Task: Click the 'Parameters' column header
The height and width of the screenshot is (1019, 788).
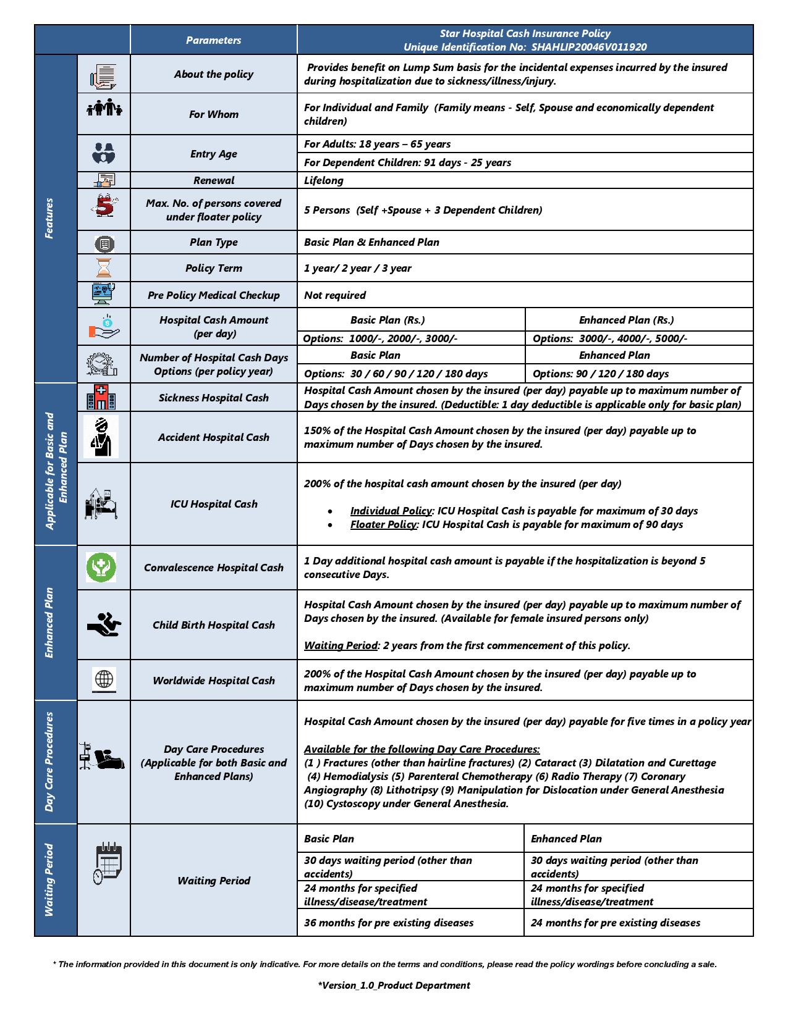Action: click(213, 40)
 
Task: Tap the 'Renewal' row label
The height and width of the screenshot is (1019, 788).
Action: click(213, 180)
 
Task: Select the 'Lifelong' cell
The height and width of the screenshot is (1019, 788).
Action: click(324, 180)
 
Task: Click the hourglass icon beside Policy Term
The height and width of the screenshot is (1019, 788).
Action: click(104, 269)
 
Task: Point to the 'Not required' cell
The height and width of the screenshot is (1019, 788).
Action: click(335, 295)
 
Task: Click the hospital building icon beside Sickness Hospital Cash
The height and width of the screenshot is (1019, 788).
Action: click(101, 397)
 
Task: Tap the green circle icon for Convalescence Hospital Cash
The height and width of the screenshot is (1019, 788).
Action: click(101, 567)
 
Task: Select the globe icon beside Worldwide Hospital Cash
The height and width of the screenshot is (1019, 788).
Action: click(104, 679)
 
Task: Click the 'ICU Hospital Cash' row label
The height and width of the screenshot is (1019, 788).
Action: click(214, 504)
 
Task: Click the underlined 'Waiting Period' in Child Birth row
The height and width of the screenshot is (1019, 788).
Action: click(341, 645)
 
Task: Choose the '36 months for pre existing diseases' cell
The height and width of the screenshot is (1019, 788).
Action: click(389, 923)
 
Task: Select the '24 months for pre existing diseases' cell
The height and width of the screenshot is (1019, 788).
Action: click(616, 923)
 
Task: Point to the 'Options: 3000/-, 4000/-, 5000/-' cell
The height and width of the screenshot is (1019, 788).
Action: click(610, 338)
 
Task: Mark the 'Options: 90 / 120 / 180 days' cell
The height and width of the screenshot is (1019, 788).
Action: click(601, 374)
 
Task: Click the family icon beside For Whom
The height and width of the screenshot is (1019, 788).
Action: click(104, 108)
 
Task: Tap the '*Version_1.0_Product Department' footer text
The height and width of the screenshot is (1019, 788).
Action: click(394, 985)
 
